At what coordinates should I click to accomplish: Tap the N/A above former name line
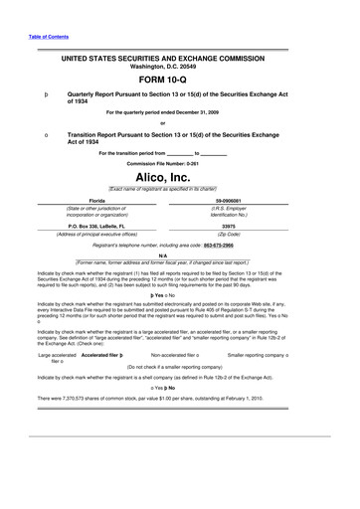point(180,254)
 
